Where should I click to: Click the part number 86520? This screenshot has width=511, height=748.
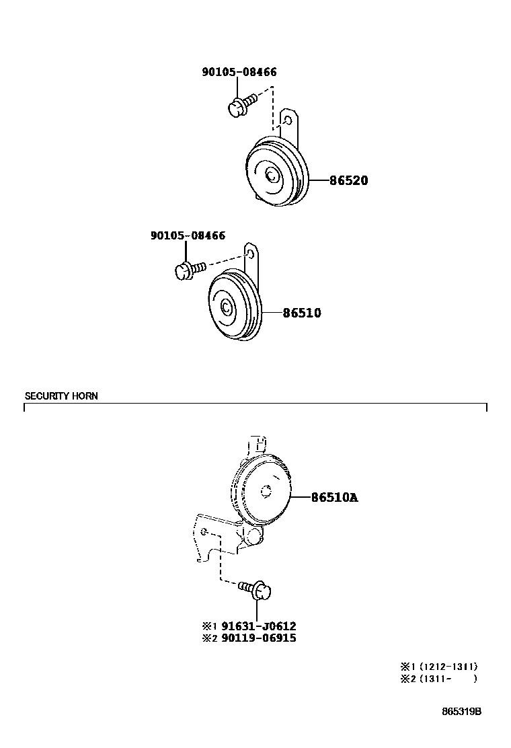click(x=348, y=181)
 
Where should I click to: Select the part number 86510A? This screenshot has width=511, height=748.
click(x=334, y=498)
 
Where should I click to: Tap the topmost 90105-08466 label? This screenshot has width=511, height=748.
click(x=239, y=73)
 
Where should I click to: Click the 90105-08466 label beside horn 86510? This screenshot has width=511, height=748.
click(x=188, y=235)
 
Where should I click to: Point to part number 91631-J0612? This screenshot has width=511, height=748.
click(x=258, y=626)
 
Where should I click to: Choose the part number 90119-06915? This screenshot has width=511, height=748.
click(x=258, y=638)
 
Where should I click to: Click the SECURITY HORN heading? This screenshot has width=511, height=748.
click(x=61, y=396)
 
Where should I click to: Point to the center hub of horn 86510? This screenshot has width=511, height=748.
click(x=226, y=308)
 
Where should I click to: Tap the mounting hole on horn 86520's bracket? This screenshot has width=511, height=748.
click(x=288, y=121)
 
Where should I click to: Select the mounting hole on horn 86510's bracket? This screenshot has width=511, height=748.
click(x=251, y=254)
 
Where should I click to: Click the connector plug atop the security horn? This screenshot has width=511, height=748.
click(x=258, y=445)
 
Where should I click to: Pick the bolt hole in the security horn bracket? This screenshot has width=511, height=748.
click(x=204, y=531)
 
